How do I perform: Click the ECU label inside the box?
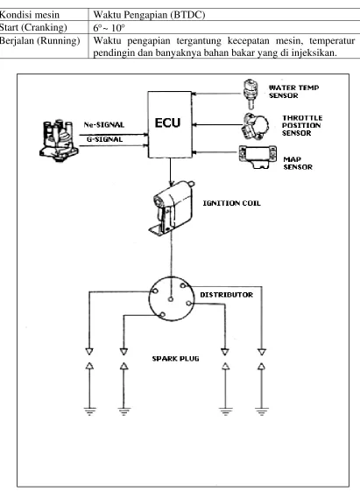pyautogui.click(x=167, y=123)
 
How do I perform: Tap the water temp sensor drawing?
pyautogui.click(x=250, y=94)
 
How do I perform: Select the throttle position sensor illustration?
pyautogui.click(x=256, y=126)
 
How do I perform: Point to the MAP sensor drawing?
pyautogui.click(x=258, y=157)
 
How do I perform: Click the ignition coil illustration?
pyautogui.click(x=172, y=207)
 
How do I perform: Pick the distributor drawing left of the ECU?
pyautogui.click(x=59, y=140)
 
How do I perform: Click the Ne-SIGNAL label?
pyautogui.click(x=104, y=124)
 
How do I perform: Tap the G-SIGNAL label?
pyautogui.click(x=104, y=139)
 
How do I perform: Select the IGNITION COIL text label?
pyautogui.click(x=231, y=203)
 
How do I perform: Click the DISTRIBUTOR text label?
pyautogui.click(x=227, y=295)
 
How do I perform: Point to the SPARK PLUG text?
pyautogui.click(x=175, y=359)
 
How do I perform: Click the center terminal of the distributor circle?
pyautogui.click(x=171, y=298)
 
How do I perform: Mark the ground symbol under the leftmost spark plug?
pyautogui.click(x=89, y=411)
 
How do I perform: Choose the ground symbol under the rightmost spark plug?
pyautogui.click(x=261, y=411)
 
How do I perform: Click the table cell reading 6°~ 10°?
pyautogui.click(x=109, y=28)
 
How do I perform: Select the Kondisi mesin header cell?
pyautogui.click(x=30, y=15)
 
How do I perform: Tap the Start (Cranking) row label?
pyautogui.click(x=33, y=28)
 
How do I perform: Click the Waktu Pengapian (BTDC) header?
pyautogui.click(x=149, y=15)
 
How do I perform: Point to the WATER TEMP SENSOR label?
pyautogui.click(x=294, y=92)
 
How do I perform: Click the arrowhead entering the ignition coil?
pyautogui.click(x=171, y=184)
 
